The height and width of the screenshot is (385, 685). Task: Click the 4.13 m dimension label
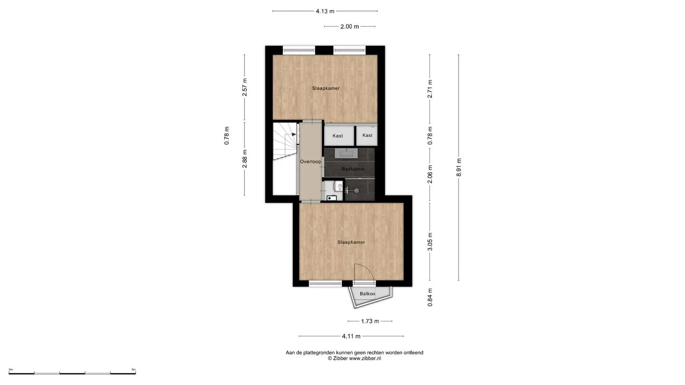325,11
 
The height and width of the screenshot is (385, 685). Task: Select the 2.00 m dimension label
350,27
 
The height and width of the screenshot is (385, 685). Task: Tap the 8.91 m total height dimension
459,167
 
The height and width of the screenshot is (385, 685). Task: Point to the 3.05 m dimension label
430,241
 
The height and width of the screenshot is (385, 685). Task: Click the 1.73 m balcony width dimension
370,321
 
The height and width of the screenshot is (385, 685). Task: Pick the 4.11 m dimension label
351,336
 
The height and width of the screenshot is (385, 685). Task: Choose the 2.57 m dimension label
245,87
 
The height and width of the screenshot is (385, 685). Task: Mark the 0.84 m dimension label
430,298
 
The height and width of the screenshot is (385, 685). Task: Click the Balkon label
367,294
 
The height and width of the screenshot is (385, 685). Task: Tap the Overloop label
310,162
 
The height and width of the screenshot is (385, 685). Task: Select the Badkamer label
353,169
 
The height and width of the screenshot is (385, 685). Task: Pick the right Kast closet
367,135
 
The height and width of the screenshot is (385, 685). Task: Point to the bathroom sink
346,154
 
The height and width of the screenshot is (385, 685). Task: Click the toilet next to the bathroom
338,186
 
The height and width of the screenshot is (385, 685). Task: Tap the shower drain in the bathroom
356,191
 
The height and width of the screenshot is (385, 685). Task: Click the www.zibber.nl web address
365,359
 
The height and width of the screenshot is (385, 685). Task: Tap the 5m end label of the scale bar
133,369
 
